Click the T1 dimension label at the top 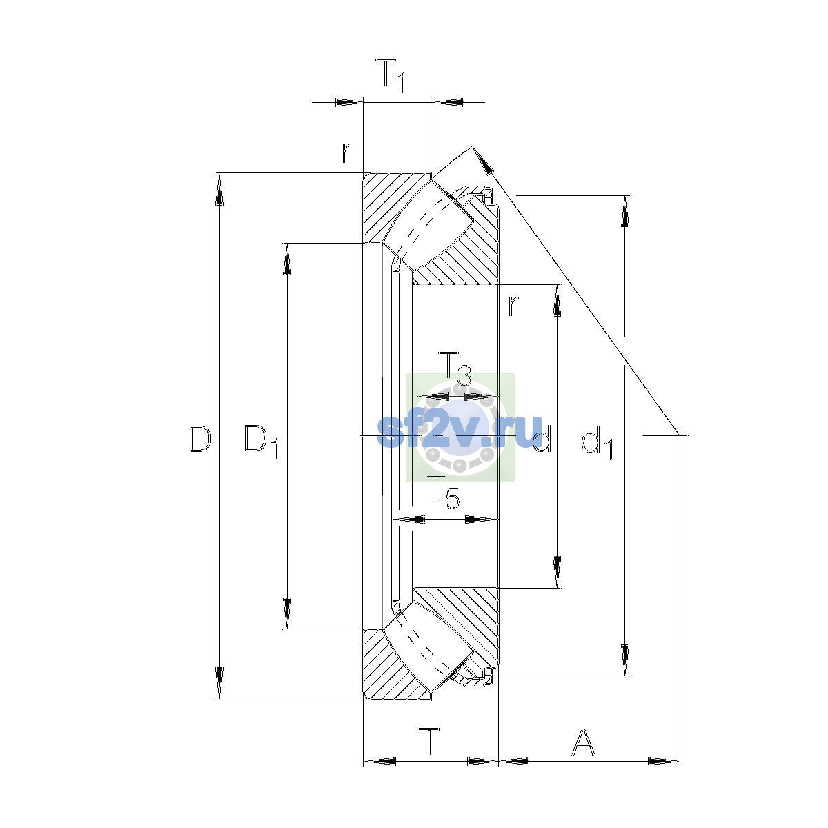(x=390, y=76)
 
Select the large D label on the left (x=200, y=439)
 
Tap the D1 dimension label (x=262, y=442)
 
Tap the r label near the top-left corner (x=347, y=152)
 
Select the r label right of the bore (x=513, y=306)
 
